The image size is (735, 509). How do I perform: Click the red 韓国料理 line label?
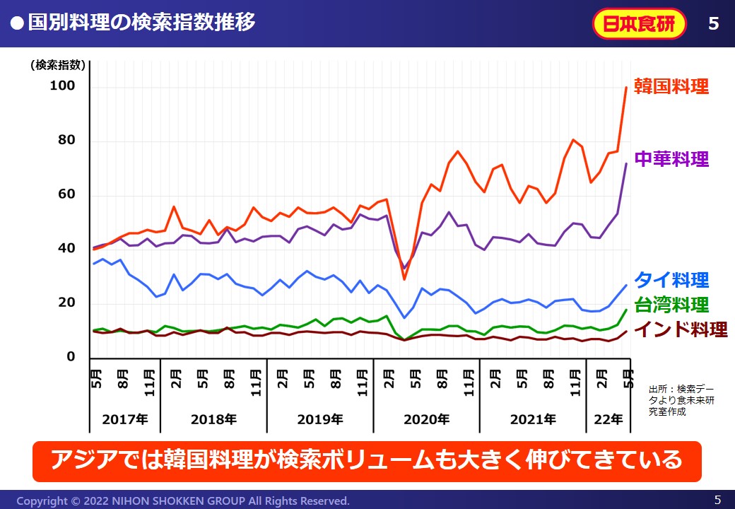click(671, 87)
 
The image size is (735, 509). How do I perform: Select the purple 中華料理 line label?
click(671, 158)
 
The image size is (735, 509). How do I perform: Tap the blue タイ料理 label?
click(671, 279)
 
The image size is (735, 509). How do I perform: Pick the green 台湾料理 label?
click(671, 305)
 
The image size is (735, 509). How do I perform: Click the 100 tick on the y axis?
click(61, 86)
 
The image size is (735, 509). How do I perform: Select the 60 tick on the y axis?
click(65, 195)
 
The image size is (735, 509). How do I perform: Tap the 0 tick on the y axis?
click(70, 358)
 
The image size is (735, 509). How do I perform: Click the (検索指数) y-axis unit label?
click(58, 65)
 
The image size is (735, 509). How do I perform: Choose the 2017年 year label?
click(124, 419)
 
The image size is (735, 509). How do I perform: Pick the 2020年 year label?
click(426, 419)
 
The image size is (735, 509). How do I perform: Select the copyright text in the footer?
click(183, 501)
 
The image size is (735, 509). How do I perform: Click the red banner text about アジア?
click(367, 460)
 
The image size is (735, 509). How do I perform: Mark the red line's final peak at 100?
click(626, 87)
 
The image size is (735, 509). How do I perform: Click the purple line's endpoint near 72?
click(626, 163)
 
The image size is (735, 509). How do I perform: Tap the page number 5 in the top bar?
click(713, 23)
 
